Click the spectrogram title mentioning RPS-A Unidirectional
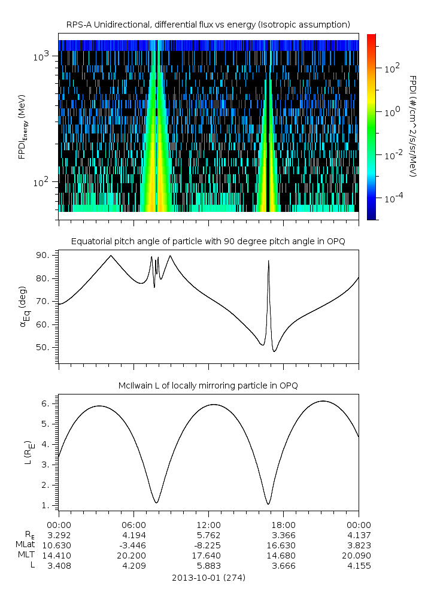208,24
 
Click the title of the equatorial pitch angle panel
208,241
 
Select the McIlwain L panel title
208,386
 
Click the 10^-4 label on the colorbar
393,198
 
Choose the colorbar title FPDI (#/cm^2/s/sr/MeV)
413,126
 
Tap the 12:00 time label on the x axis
208,524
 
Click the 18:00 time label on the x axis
283,524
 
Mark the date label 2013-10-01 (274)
208,578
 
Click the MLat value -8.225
208,545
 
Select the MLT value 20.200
133,556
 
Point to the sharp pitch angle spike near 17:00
268,262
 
